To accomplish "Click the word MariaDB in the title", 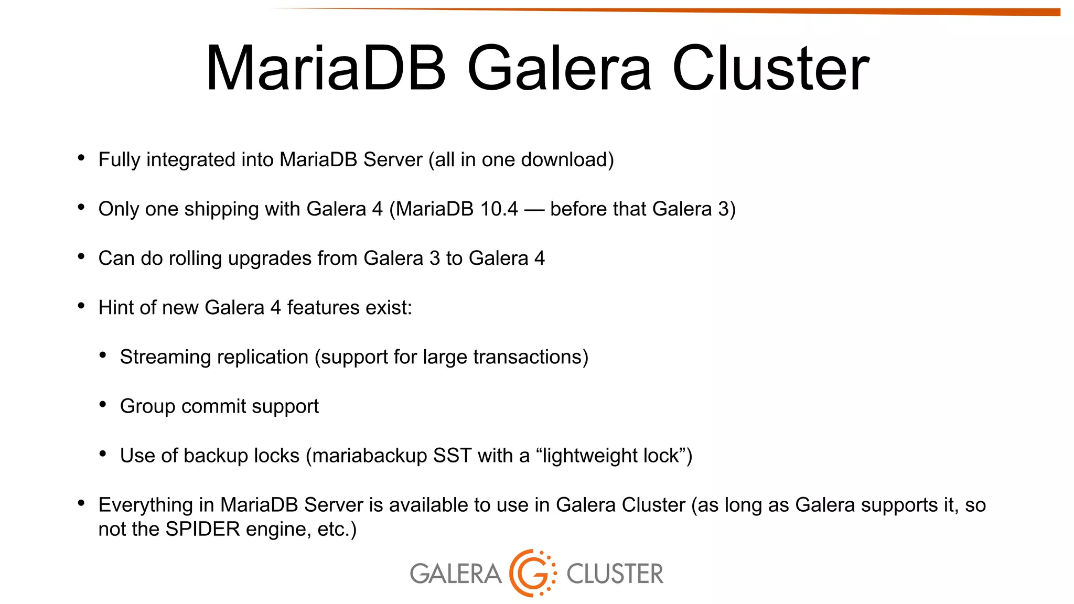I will (326, 69).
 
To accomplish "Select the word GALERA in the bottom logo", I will (455, 574).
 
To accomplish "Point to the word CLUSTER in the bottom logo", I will (615, 574).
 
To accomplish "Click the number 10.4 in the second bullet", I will (499, 209).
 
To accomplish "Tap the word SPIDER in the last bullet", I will (202, 529).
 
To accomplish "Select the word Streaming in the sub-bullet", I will (161, 357).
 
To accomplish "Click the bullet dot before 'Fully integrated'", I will (81, 158).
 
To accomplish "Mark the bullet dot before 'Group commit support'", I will (103, 404).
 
